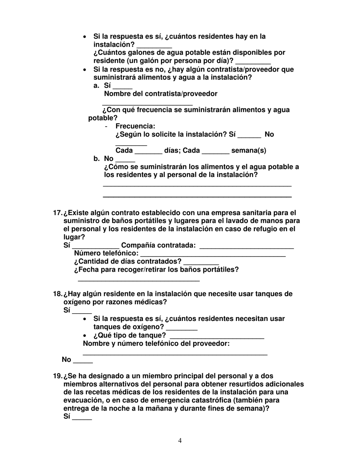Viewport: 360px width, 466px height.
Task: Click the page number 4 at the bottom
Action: (x=180, y=440)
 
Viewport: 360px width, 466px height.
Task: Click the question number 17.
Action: (x=58, y=213)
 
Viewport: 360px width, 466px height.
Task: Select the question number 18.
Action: (x=58, y=294)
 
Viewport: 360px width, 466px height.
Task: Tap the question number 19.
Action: (x=58, y=376)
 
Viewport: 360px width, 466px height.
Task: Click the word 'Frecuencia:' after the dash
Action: (x=135, y=126)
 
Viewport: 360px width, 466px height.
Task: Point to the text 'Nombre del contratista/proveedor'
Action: (x=161, y=94)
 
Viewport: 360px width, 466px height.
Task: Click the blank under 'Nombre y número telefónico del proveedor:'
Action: (x=175, y=353)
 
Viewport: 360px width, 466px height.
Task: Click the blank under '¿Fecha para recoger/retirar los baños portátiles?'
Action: (x=138, y=279)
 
